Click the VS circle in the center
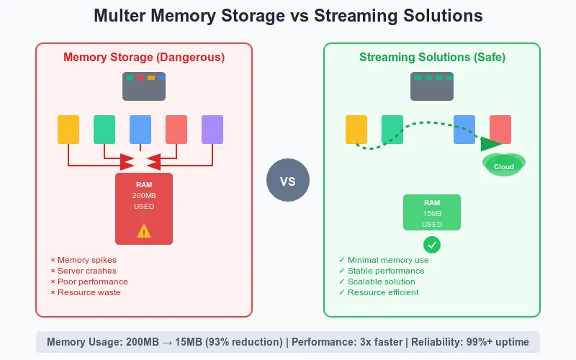coord(287,181)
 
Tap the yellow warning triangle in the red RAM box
coord(144,230)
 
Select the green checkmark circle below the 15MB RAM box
coord(432,245)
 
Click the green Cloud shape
coord(504,166)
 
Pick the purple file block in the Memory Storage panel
coord(212,130)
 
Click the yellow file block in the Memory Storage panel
coord(68,130)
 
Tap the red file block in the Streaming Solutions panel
coord(500,130)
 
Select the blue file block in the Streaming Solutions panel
coord(464,130)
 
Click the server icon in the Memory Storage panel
coord(144,86)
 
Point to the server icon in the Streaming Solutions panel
coord(432,86)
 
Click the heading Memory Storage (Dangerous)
coord(144,57)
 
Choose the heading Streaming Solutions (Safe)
coord(432,57)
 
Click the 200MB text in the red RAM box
coord(144,196)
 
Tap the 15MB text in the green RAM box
coord(432,214)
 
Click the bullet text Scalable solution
coord(381,282)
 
